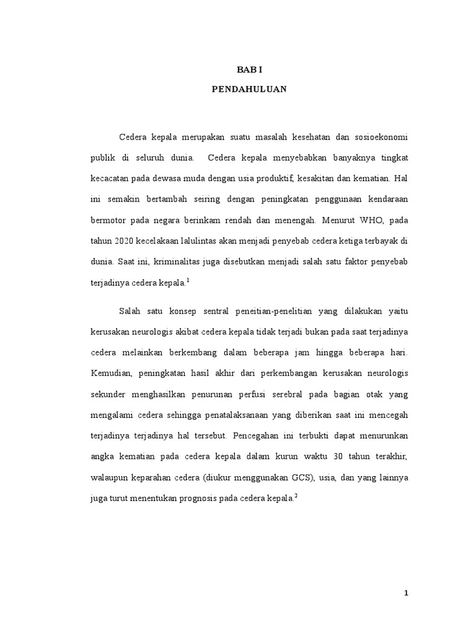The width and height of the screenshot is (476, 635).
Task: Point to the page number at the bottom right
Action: point(406,593)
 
